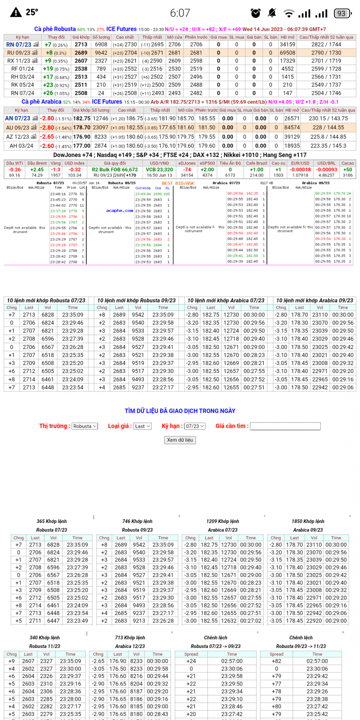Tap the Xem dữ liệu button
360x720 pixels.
180,440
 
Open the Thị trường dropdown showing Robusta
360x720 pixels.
85,426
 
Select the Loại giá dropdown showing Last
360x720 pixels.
142,426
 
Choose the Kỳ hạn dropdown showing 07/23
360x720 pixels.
195,426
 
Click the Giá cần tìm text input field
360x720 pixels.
285,426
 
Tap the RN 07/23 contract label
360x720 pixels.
19,45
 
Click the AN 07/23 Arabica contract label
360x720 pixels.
17,119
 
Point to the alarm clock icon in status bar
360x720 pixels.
256,13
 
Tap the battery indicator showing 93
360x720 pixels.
342,13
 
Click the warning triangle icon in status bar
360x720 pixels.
16,13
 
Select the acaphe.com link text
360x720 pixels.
119,211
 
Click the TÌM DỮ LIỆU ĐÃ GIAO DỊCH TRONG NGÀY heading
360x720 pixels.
180,411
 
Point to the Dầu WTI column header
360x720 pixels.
15,163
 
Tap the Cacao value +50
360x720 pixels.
347,170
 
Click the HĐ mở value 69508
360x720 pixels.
288,53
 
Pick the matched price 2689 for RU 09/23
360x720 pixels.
81,53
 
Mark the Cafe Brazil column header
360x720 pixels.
257,163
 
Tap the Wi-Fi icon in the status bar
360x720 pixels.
289,14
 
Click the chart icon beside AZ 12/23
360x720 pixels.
34,137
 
